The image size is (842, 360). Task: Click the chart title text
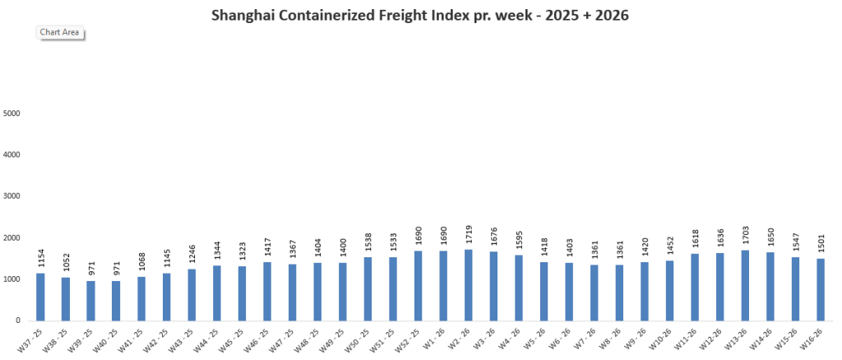[x=420, y=15]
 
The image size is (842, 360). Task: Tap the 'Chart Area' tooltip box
[x=60, y=32]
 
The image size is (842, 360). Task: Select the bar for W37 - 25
[x=40, y=297]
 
